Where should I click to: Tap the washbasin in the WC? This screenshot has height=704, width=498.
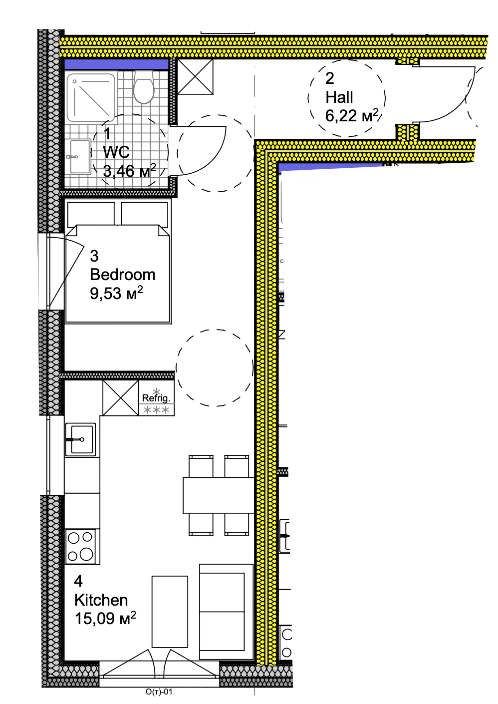[79, 157]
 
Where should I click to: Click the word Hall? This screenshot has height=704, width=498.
[339, 97]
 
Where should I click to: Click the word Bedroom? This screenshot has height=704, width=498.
[123, 275]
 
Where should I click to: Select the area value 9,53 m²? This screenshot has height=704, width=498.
[116, 293]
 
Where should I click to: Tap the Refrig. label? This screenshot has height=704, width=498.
[156, 398]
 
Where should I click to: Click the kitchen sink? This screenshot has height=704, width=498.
[80, 439]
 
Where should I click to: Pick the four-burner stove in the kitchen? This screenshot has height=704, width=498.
[80, 546]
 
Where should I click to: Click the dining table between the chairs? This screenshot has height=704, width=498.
[219, 495]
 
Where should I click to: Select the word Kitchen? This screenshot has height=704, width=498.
[101, 600]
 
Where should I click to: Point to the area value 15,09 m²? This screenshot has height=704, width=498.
[105, 618]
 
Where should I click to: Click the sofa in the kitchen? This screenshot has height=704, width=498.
[226, 612]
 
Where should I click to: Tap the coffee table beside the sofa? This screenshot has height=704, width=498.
[170, 612]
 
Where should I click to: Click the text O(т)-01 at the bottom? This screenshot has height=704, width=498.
[159, 692]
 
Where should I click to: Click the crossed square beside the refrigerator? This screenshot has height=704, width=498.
[121, 398]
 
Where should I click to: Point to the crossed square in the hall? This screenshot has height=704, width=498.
[195, 76]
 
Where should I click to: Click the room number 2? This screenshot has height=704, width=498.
[329, 78]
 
